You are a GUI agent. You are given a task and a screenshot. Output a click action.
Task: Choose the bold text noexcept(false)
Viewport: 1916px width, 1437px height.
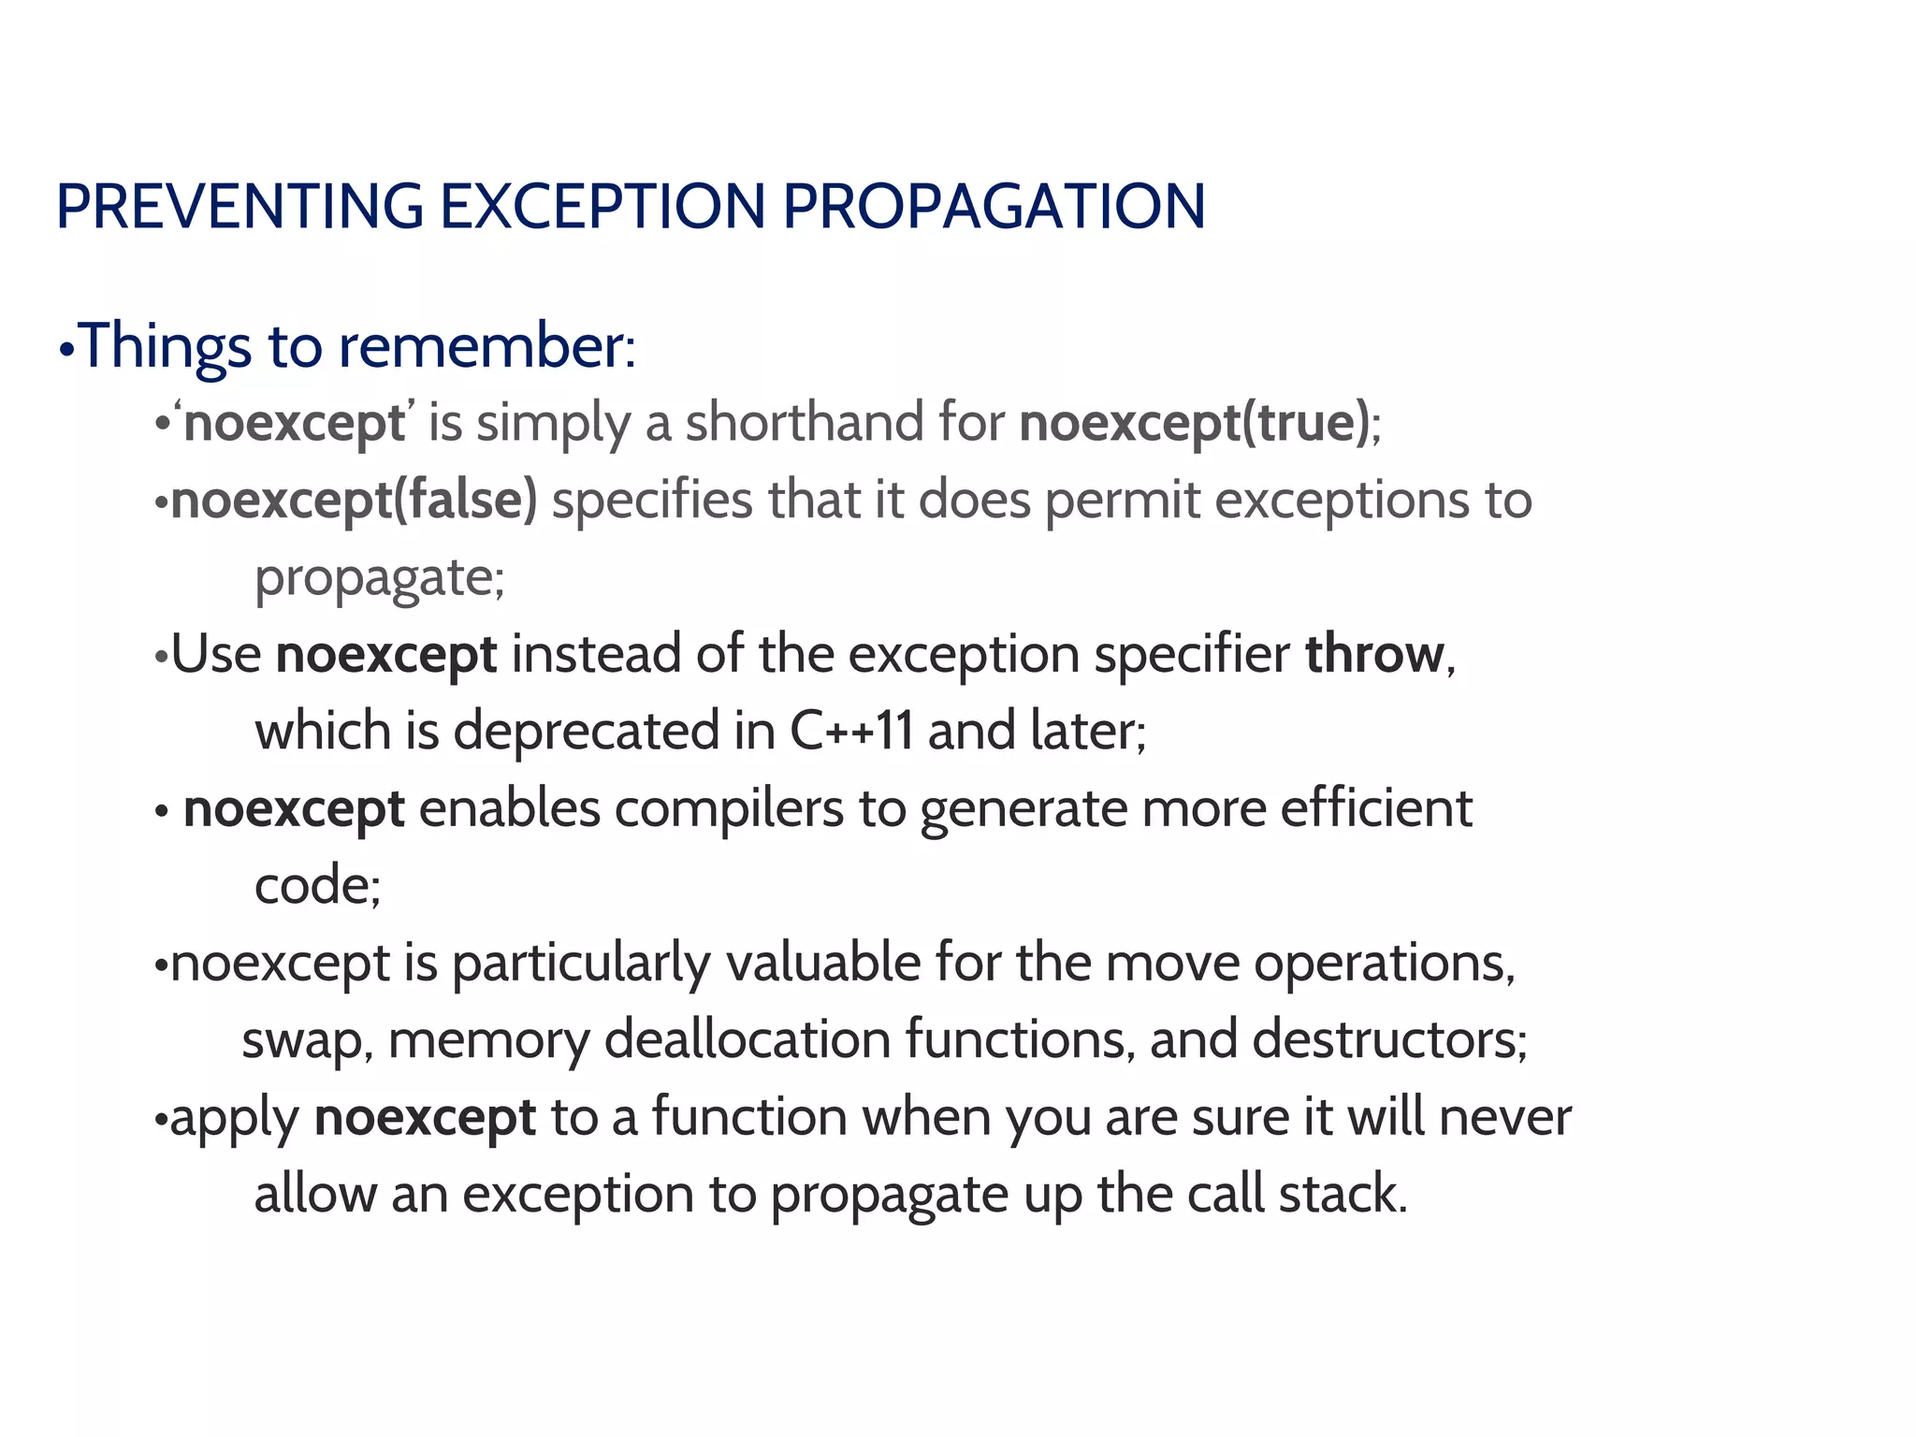point(355,501)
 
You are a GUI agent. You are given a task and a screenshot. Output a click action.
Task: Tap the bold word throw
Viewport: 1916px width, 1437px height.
point(1374,654)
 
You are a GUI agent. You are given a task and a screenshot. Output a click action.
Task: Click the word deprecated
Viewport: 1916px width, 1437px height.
point(587,731)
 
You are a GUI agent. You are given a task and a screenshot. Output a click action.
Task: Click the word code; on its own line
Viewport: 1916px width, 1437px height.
point(317,885)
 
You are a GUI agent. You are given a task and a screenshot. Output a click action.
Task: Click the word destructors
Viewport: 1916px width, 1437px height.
point(1388,1039)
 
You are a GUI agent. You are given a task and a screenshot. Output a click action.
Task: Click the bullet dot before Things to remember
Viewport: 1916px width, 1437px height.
point(65,352)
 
